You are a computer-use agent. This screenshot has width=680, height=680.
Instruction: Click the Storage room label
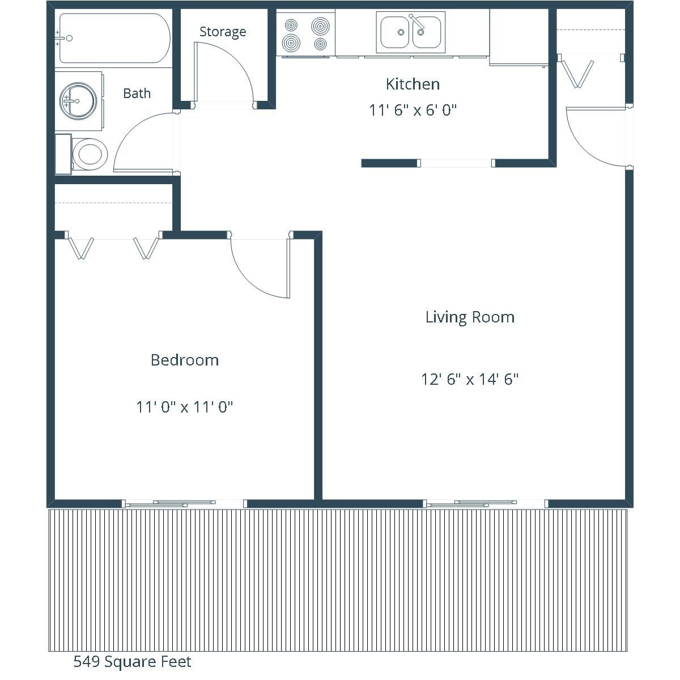tap(223, 32)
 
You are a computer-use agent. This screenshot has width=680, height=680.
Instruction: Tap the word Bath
tap(137, 93)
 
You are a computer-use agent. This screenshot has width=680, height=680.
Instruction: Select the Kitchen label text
tap(413, 84)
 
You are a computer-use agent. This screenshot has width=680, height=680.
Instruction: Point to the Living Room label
tap(470, 317)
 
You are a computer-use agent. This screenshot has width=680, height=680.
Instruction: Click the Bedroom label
tap(185, 360)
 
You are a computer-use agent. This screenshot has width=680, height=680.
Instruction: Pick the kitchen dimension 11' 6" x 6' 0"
tap(413, 110)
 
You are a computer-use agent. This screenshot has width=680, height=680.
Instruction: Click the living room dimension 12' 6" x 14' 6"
tap(470, 379)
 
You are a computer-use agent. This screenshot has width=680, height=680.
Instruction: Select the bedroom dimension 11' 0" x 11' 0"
tap(185, 407)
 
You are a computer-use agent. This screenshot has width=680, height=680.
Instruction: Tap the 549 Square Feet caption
tap(133, 662)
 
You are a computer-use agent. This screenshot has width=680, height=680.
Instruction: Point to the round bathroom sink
tap(78, 100)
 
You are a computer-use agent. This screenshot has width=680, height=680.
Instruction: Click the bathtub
tap(114, 38)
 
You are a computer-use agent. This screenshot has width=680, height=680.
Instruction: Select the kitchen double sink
tap(411, 32)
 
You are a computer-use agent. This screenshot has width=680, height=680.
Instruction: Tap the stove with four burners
tap(305, 33)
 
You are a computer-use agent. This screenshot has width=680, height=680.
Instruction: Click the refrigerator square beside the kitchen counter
tap(518, 37)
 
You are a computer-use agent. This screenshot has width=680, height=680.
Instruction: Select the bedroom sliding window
tap(184, 504)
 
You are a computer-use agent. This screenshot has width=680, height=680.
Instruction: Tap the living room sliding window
tap(486, 504)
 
